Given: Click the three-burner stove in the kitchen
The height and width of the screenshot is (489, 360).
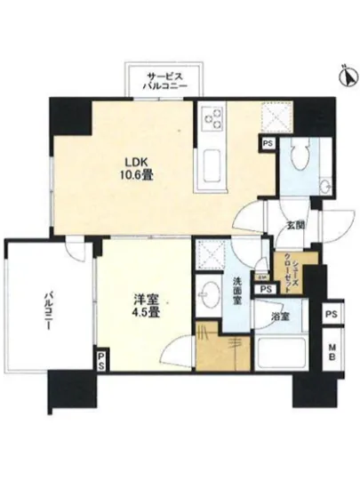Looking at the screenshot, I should point(213,116).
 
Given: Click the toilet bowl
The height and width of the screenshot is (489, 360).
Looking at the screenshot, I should point(300,161).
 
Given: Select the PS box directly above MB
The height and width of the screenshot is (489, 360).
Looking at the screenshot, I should point(331,316).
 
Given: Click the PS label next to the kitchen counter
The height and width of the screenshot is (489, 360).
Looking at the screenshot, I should point(266,140).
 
